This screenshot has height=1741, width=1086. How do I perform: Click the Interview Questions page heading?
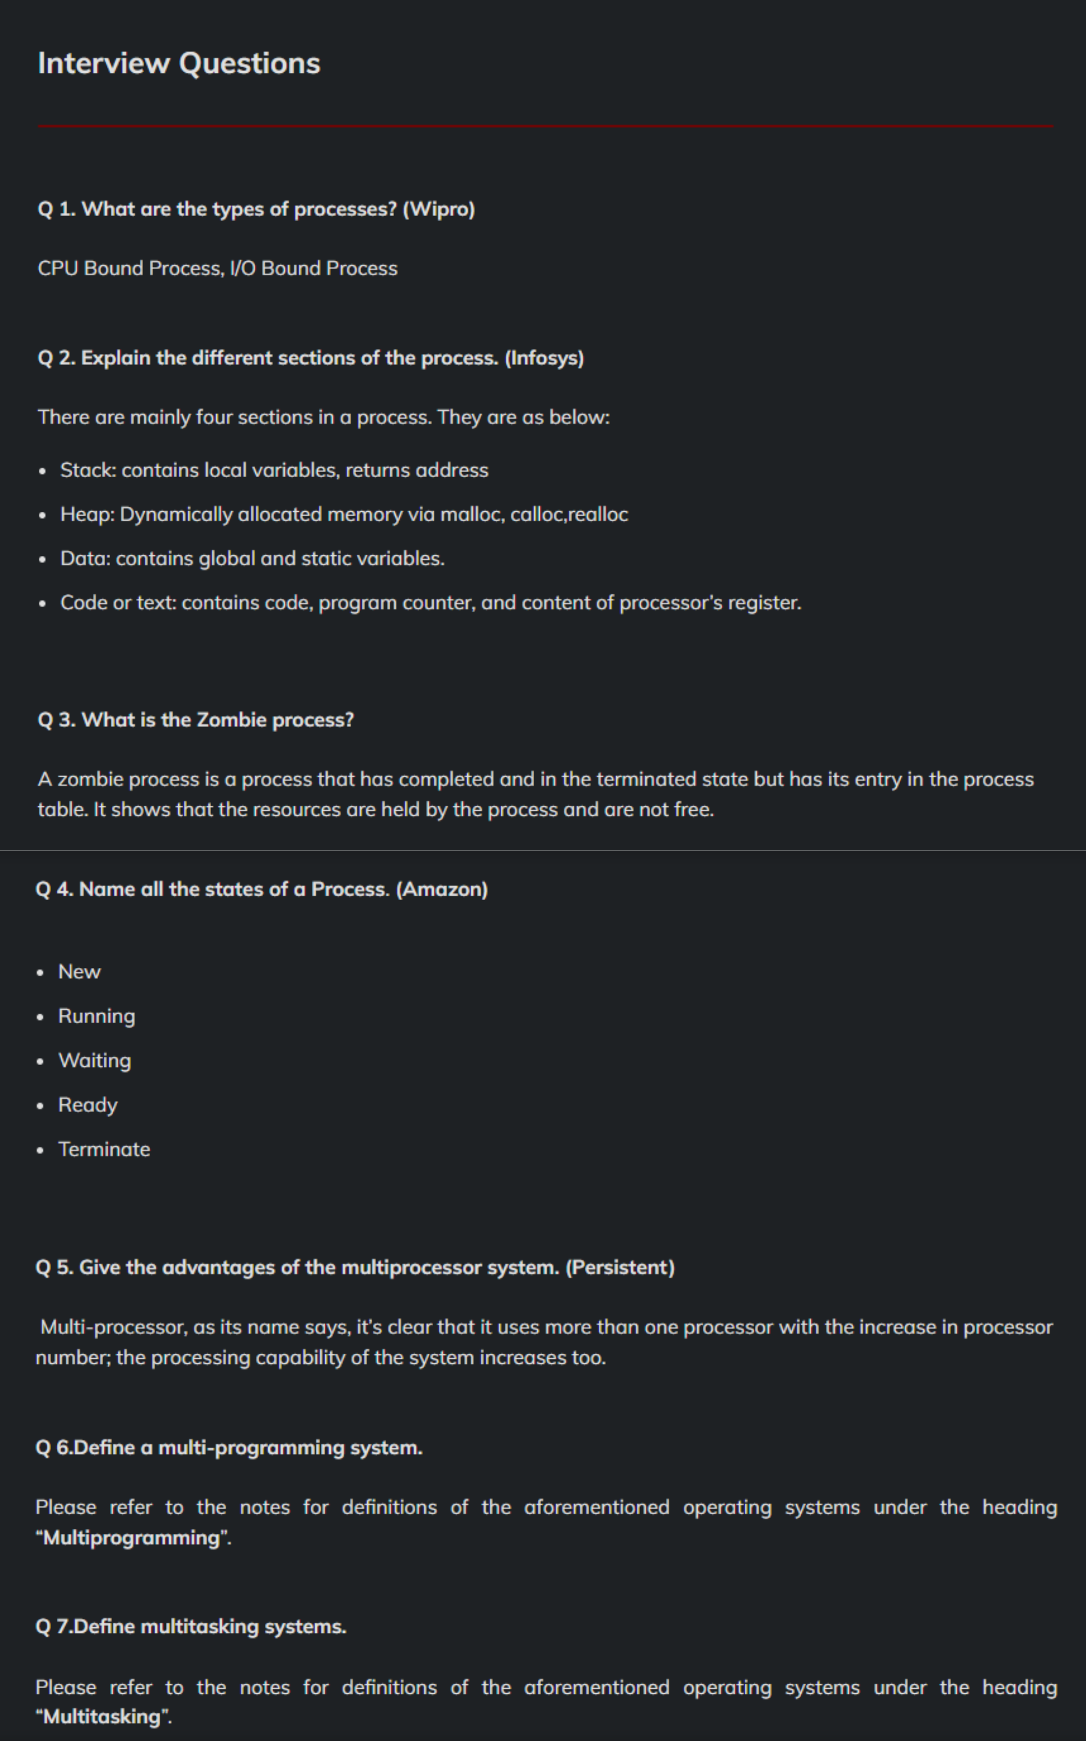pyautogui.click(x=179, y=63)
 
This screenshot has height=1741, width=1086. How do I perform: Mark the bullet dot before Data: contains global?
pyautogui.click(x=43, y=559)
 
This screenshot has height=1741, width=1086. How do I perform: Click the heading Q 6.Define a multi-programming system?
pyautogui.click(x=229, y=1447)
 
